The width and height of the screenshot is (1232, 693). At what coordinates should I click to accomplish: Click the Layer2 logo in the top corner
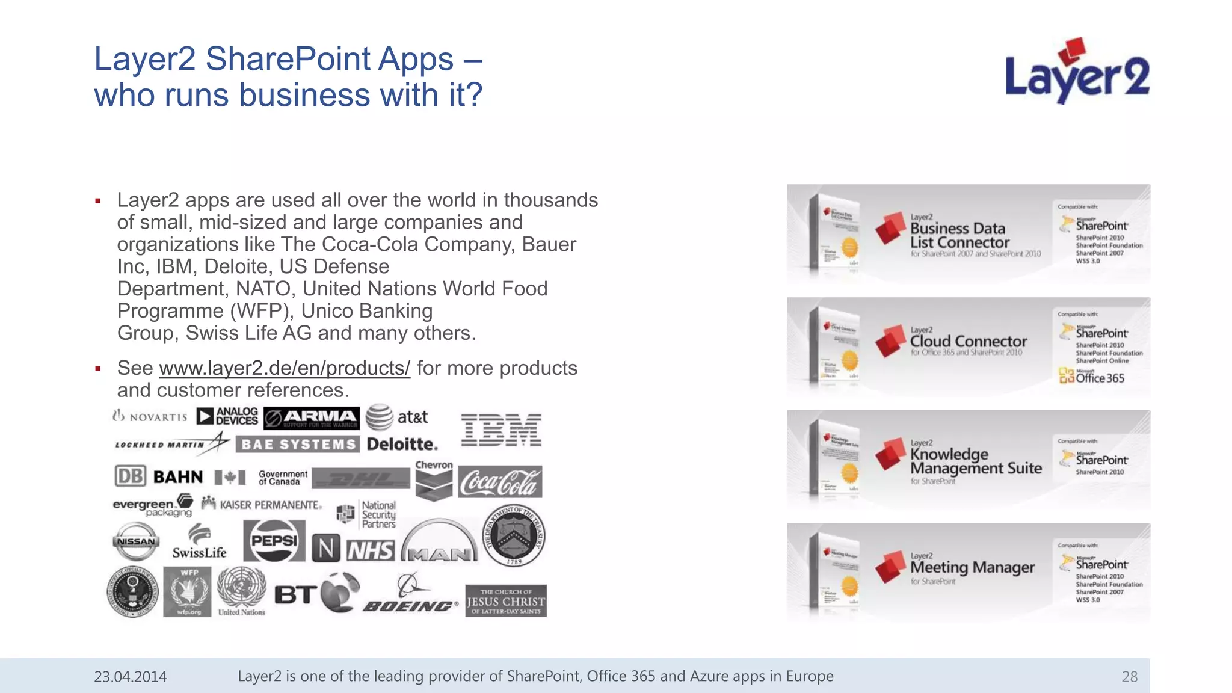coord(1077,72)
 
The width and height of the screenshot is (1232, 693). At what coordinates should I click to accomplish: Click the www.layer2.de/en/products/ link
coord(285,368)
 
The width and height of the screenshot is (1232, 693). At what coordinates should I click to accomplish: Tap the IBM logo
coord(501,430)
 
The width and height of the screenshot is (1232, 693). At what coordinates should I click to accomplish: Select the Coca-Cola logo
coord(500,482)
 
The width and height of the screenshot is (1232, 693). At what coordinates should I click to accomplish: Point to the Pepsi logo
coord(274,541)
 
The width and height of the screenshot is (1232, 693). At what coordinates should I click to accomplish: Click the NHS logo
coord(371,550)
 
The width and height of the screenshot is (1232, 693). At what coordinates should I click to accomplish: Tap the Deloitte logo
coord(402,445)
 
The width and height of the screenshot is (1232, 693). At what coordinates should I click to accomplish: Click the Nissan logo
coord(136,541)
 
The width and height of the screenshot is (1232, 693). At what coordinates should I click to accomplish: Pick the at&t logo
coord(397,417)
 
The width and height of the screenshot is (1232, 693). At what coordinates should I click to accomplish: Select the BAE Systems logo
coord(298,445)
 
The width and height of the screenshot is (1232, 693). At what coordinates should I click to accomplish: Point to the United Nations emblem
coord(241,591)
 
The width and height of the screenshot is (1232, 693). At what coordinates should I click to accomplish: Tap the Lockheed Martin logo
coord(171,444)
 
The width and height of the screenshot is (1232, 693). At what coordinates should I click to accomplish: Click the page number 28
coord(1129,677)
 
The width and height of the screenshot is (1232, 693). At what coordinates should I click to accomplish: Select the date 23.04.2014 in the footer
coord(131,677)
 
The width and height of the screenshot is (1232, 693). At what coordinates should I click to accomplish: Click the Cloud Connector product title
coord(968,341)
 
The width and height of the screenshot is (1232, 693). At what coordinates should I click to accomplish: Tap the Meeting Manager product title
coord(972,567)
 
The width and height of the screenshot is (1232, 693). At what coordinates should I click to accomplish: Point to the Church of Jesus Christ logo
coord(506,601)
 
